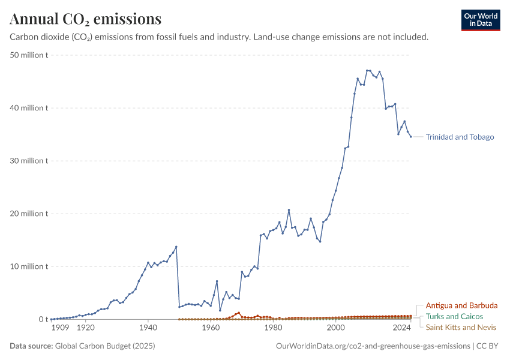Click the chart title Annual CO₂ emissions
coord(86,19)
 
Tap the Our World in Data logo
coord(481,20)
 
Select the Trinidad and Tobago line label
coord(460,137)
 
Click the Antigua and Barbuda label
coord(461,305)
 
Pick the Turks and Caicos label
coord(454,316)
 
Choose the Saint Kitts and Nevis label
coord(461,327)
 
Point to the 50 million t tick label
coord(29,55)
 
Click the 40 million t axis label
coord(29,108)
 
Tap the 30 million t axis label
coord(29,161)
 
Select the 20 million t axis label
coord(29,214)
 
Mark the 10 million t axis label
coord(29,266)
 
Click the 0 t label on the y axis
coord(44,319)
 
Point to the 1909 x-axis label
coord(60,328)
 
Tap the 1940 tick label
coord(148,328)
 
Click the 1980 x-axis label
coord(273,328)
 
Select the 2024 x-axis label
coord(401,328)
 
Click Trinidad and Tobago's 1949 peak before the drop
coord(176,247)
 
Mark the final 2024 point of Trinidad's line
coord(411,137)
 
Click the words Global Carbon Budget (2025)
coord(105,346)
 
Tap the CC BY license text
coord(487,346)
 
